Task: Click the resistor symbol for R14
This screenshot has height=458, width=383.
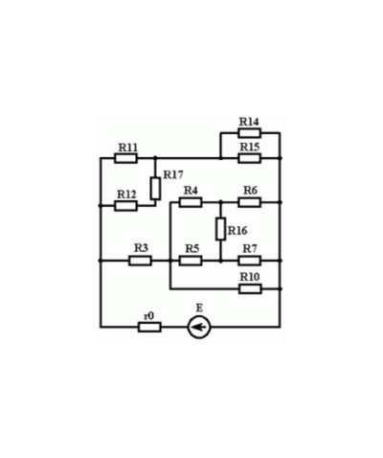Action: point(249,133)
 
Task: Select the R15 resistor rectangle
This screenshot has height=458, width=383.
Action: point(249,158)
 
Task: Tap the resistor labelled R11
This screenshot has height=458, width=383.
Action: point(125,158)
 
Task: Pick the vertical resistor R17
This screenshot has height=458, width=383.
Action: point(155,189)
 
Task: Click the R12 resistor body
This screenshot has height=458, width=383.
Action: point(125,206)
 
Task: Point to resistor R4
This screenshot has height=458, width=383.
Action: point(191,202)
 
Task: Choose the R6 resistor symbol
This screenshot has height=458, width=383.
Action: point(249,202)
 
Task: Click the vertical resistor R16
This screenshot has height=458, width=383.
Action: point(220,229)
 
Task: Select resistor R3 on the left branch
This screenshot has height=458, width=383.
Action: point(140,261)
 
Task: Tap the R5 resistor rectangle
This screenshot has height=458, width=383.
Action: point(191,261)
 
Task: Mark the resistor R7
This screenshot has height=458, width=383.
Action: point(249,261)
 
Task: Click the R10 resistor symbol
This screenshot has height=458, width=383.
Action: point(250,288)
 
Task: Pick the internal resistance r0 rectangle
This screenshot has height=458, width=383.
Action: point(149,327)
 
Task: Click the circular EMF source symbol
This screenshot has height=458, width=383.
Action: point(199,327)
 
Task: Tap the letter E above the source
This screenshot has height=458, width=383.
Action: point(199,309)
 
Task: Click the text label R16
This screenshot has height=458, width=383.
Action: point(237,230)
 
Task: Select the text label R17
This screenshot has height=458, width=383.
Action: point(173,174)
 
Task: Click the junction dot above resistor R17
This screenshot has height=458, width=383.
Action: point(155,158)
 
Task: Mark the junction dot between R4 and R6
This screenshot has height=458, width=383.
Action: point(220,202)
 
